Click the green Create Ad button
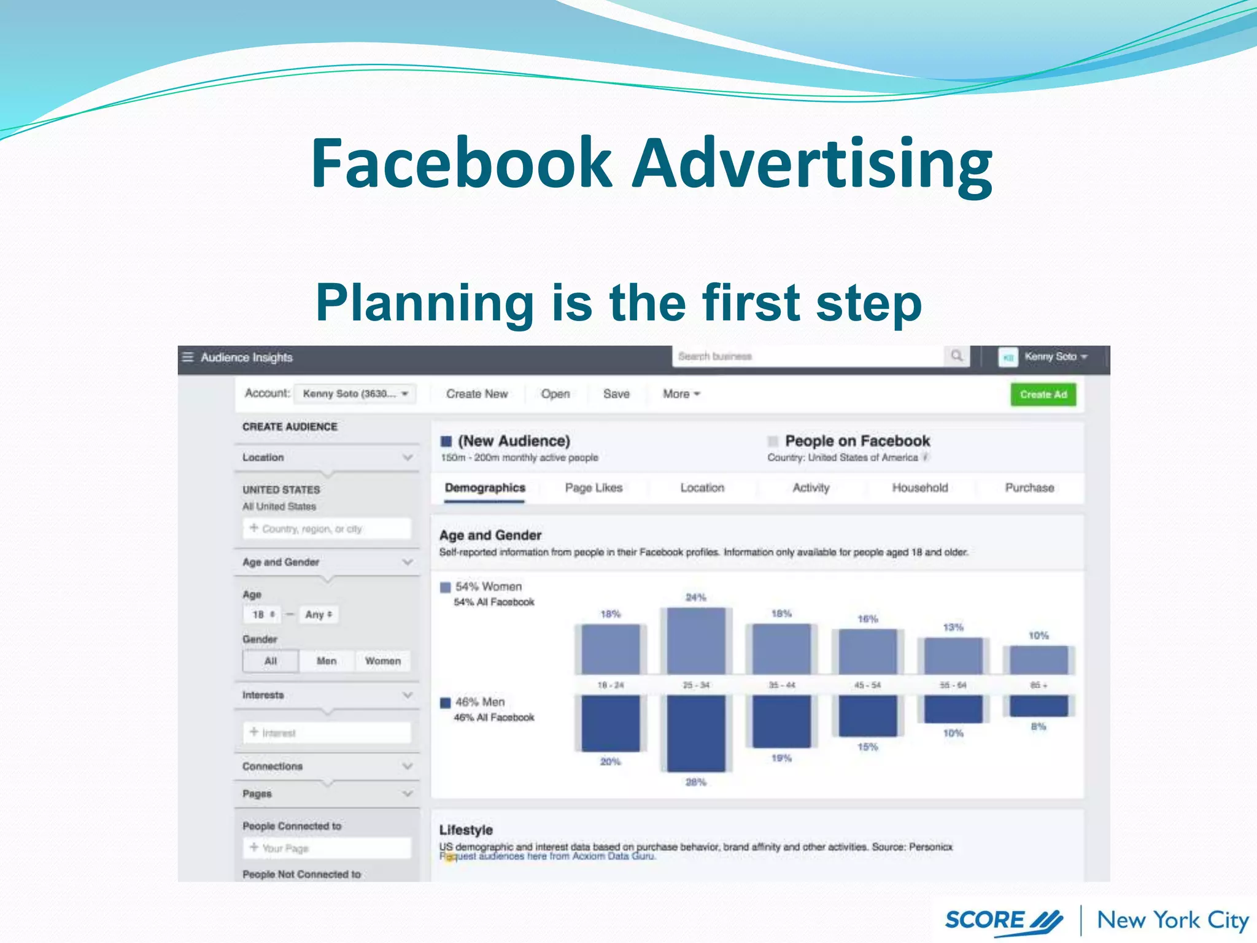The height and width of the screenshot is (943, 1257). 1043,394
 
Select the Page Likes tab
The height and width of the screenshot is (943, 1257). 594,487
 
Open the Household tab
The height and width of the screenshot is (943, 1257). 919,487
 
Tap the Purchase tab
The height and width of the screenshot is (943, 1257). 1029,487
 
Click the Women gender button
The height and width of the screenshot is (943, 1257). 382,661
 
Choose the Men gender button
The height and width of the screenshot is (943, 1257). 326,661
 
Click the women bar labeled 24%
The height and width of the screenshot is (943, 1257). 695,640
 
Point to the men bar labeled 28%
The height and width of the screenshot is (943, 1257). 695,733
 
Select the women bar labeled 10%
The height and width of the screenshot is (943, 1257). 1038,660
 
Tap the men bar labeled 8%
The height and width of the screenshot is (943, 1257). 1038,706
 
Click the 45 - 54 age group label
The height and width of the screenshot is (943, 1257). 867,685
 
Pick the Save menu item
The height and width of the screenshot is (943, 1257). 616,394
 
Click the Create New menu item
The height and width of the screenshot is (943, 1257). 477,394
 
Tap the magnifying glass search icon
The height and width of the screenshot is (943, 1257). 956,356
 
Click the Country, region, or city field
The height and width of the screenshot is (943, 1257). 327,529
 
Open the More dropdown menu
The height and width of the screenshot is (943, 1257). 681,394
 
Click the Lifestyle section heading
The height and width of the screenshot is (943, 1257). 466,830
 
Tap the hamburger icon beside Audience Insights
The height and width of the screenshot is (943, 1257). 188,357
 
